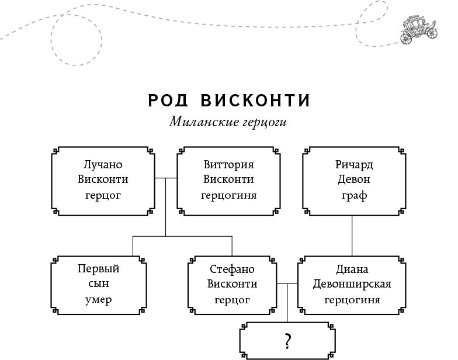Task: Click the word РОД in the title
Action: click(x=168, y=101)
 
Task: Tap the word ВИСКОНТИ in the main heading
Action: click(x=255, y=101)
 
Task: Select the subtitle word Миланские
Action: click(x=202, y=122)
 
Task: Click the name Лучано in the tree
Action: click(x=103, y=164)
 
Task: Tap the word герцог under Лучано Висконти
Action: click(x=103, y=195)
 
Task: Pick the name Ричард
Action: click(x=353, y=164)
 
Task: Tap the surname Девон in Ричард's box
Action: click(x=353, y=179)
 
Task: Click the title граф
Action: click(x=353, y=195)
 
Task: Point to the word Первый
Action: click(x=98, y=269)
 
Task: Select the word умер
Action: click(x=98, y=300)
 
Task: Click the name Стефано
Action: click(x=232, y=269)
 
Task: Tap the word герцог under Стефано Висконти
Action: click(x=232, y=300)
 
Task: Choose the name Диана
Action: click(x=352, y=269)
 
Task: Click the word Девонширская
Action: click(x=352, y=285)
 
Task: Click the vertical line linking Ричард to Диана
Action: click(x=352, y=236)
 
